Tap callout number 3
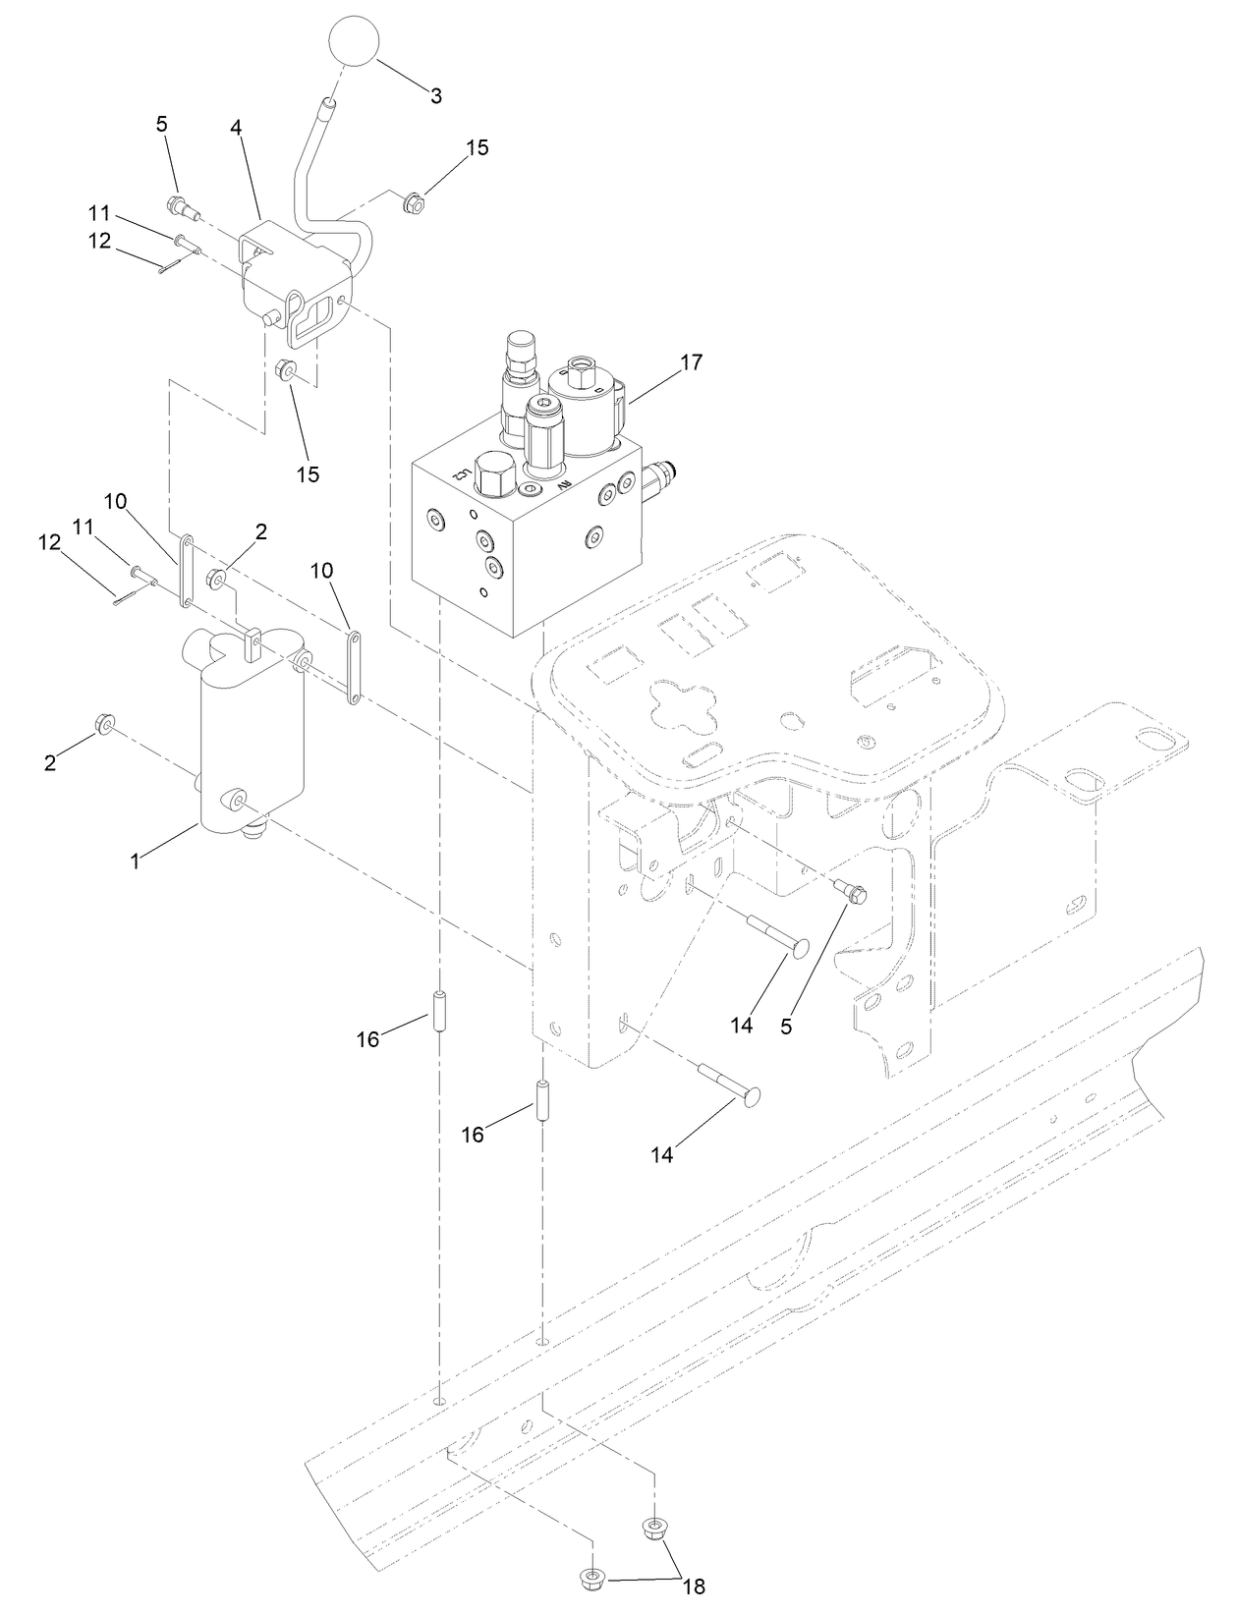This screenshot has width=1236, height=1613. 435,96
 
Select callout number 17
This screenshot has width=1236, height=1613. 691,362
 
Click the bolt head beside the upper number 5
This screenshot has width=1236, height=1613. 178,206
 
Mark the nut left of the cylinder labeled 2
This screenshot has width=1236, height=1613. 102,726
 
